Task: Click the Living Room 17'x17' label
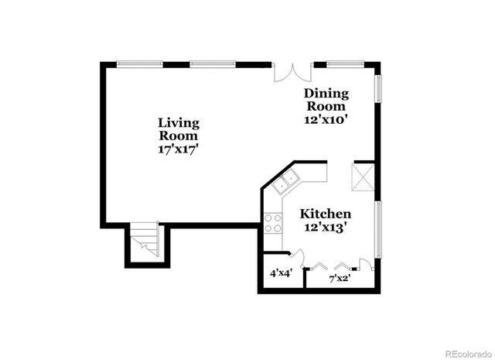[179, 135]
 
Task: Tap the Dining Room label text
[326, 100]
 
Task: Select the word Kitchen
[326, 214]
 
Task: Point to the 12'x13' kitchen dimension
[326, 228]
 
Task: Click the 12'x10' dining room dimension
[326, 119]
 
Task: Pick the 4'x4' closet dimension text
[280, 273]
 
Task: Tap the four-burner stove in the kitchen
[273, 224]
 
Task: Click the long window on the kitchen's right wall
[379, 228]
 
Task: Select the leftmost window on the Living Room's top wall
[138, 63]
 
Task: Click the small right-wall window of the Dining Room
[379, 87]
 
